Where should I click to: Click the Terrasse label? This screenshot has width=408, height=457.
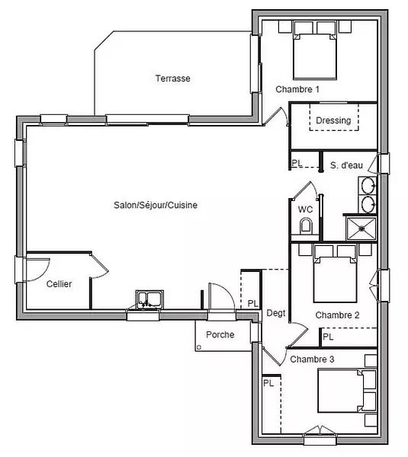pyautogui.click(x=173, y=78)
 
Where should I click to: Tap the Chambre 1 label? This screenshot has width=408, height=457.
pyautogui.click(x=297, y=89)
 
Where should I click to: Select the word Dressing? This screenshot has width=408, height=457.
pyautogui.click(x=333, y=120)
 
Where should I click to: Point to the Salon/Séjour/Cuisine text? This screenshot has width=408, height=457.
pyautogui.click(x=156, y=205)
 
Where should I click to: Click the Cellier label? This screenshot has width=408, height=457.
pyautogui.click(x=59, y=284)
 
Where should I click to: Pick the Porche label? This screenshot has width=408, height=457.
pyautogui.click(x=220, y=334)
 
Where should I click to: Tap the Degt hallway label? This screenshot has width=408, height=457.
pyautogui.click(x=276, y=313)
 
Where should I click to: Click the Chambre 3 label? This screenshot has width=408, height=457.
pyautogui.click(x=312, y=360)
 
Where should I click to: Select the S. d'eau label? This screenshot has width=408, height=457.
pyautogui.click(x=346, y=165)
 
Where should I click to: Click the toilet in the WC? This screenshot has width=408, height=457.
pyautogui.click(x=306, y=226)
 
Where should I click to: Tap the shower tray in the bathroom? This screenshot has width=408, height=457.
pyautogui.click(x=361, y=229)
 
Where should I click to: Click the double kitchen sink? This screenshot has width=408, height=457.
pyautogui.click(x=149, y=299)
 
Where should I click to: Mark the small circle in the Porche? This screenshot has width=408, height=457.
pyautogui.click(x=199, y=347)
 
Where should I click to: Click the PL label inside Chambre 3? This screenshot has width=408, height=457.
pyautogui.click(x=268, y=382)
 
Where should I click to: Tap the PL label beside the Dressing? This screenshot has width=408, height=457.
pyautogui.click(x=297, y=163)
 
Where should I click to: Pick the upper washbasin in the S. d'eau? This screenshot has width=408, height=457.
pyautogui.click(x=368, y=185)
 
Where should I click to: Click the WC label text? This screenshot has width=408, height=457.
pyautogui.click(x=305, y=209)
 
